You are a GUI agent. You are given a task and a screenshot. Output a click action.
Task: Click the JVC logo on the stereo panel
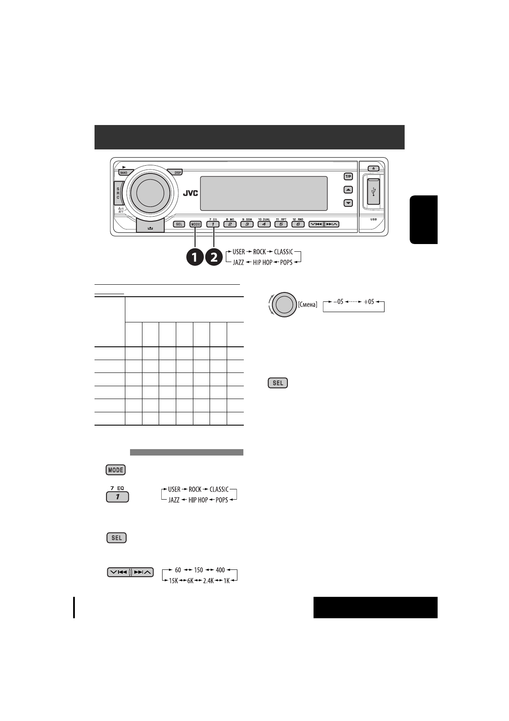click(x=191, y=194)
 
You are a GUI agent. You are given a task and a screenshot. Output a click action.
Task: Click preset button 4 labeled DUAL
click(x=264, y=224)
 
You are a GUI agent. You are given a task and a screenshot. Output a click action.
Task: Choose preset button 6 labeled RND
click(x=298, y=224)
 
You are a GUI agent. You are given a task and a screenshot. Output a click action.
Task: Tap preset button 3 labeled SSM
click(x=247, y=224)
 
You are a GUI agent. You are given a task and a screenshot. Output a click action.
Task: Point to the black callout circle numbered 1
click(x=195, y=257)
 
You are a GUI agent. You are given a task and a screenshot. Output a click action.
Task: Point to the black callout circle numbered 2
click(x=214, y=257)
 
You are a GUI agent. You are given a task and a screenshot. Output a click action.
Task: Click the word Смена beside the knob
click(x=308, y=304)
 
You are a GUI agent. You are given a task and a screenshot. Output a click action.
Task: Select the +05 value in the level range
click(x=369, y=302)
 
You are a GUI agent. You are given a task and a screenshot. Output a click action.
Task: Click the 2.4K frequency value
click(x=208, y=581)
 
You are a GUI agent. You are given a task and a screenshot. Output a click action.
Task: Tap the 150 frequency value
click(x=198, y=570)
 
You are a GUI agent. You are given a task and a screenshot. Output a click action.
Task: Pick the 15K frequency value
click(x=173, y=581)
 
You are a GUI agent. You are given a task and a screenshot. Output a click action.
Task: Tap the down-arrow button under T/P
click(x=349, y=203)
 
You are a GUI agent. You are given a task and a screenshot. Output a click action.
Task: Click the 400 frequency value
click(x=220, y=570)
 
